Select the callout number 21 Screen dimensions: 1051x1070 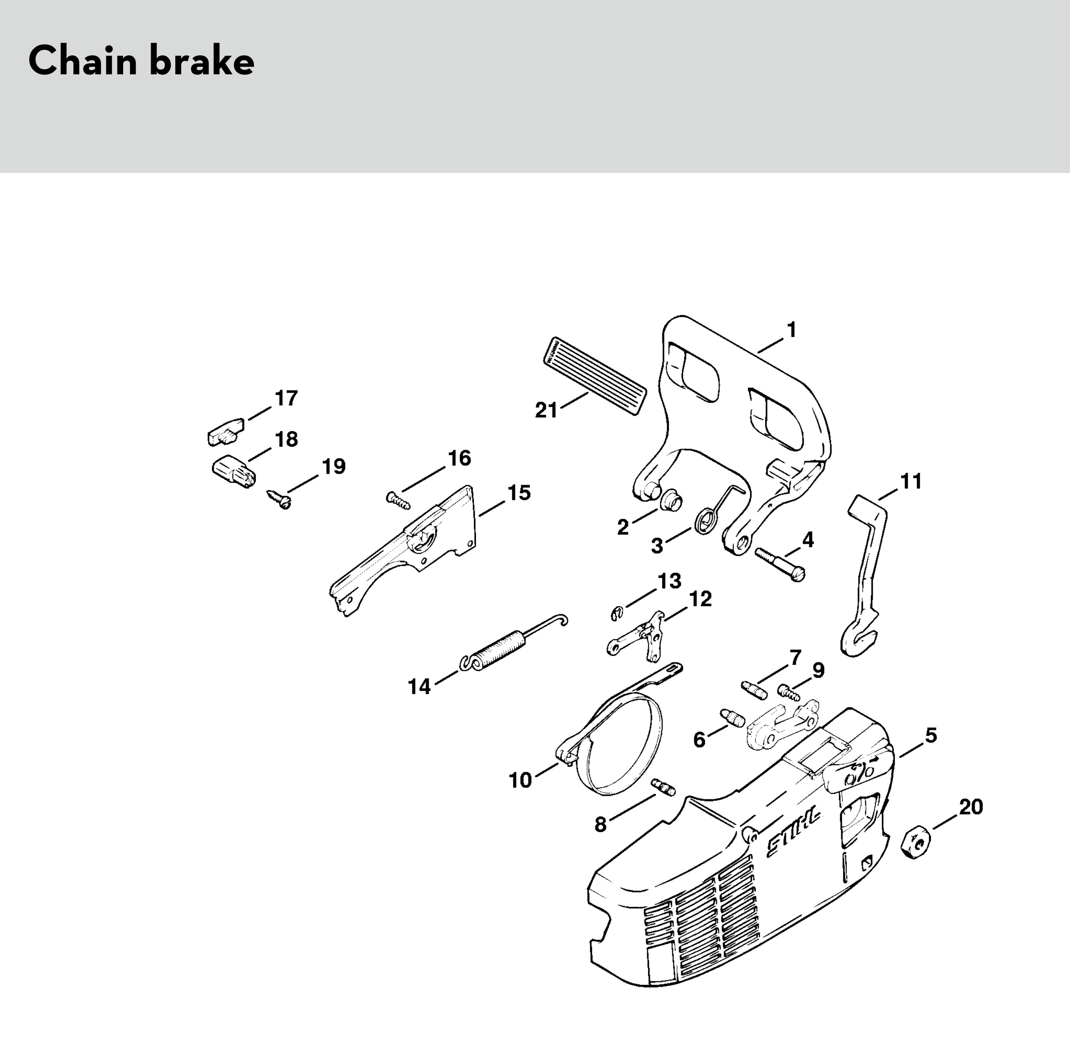(546, 410)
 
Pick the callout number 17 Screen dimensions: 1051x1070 (286, 398)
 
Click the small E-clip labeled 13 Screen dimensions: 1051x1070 (617, 612)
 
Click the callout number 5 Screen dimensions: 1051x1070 (931, 735)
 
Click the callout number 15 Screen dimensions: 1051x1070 (519, 493)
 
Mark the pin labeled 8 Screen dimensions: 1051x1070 (664, 787)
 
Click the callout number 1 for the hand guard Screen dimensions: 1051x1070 (791, 330)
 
